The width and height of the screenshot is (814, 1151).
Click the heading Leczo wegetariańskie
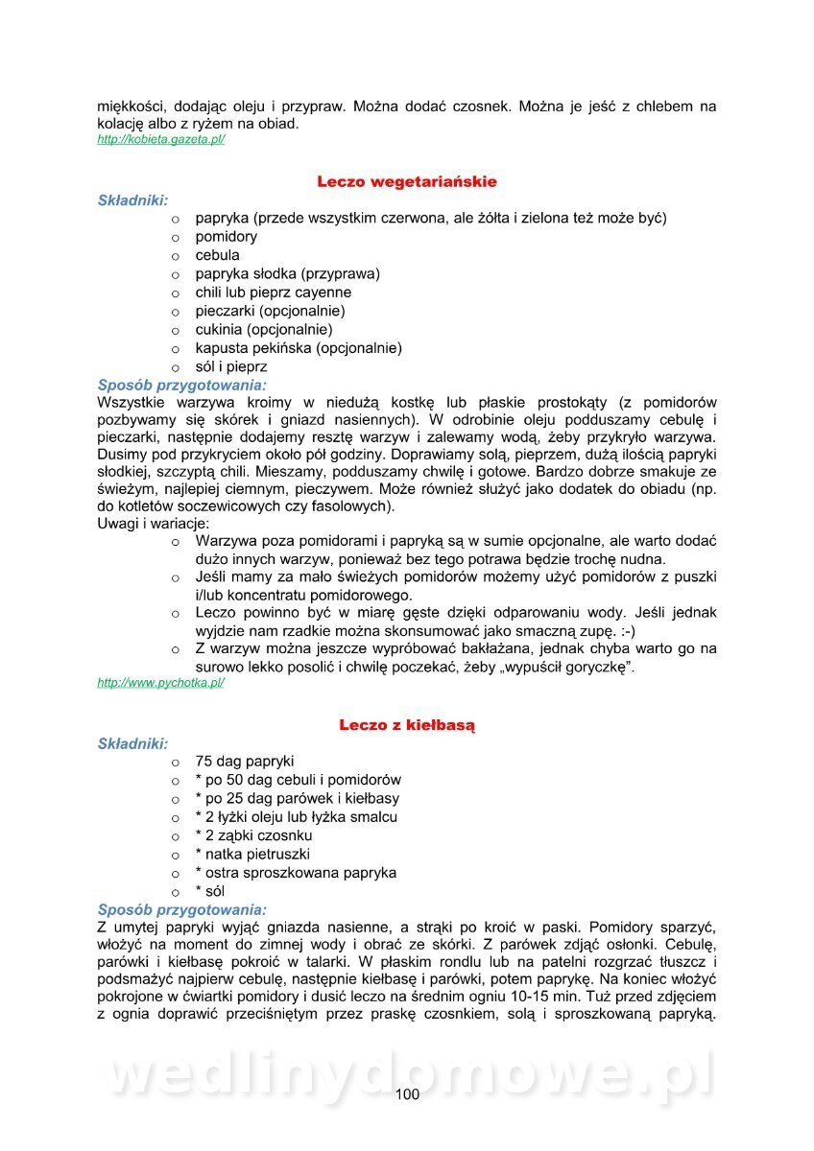[x=407, y=181]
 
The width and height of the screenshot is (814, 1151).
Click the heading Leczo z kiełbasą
[x=407, y=725]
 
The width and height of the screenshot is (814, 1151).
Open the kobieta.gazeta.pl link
[x=161, y=140]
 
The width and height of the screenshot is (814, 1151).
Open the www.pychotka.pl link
[x=161, y=683]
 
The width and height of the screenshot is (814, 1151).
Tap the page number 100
[x=407, y=1094]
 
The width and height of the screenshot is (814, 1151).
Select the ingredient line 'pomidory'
[x=227, y=237]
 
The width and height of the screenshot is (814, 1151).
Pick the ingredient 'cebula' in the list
[x=218, y=255]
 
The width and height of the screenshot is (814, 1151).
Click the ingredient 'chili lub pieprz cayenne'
[x=274, y=293]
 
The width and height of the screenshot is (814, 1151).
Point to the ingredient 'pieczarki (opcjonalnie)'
[x=271, y=311]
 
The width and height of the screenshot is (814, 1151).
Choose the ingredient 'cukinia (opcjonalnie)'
[x=264, y=330]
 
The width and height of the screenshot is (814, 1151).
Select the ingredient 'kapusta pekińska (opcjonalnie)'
[x=299, y=348]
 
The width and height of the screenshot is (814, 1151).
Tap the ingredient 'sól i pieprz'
[x=231, y=366]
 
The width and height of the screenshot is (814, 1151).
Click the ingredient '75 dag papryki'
[x=245, y=762]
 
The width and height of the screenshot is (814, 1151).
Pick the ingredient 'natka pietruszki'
[x=252, y=854]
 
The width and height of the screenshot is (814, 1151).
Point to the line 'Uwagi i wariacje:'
[x=154, y=524]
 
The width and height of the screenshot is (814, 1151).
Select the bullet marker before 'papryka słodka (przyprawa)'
[x=176, y=274]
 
